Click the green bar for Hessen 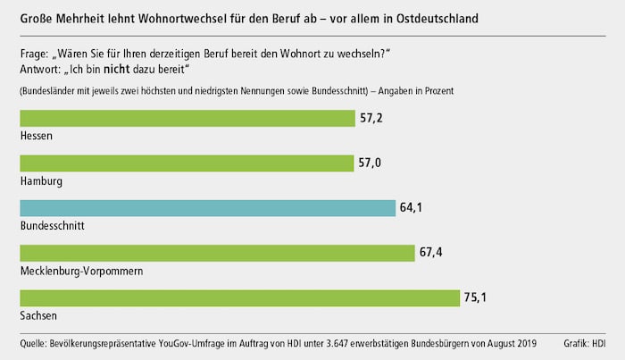point(187,118)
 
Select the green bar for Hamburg point(186,163)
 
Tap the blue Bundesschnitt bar point(207,207)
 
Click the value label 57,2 point(371,118)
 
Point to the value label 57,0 point(371,163)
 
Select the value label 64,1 point(412,207)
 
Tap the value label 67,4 point(432,252)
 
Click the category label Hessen point(36,136)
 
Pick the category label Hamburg point(41,180)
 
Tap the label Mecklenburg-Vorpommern point(81,271)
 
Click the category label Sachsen point(37,316)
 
